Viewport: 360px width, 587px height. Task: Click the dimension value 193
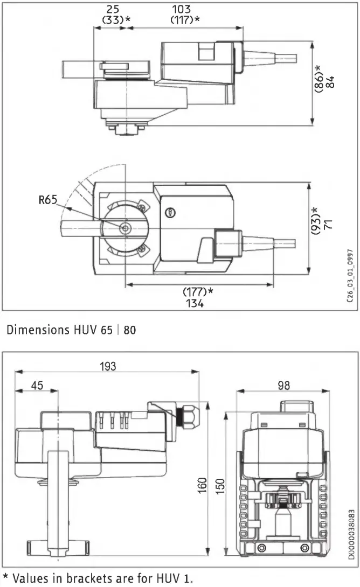[108, 366]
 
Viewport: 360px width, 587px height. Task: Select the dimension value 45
[36, 386]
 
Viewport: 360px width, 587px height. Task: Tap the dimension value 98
[283, 385]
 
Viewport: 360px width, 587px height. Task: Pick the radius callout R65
[49, 201]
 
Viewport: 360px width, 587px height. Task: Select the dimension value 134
[195, 303]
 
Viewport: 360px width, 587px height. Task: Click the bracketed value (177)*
[198, 291]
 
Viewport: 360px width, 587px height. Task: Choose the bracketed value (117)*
[185, 20]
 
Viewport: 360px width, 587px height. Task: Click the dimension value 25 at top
[112, 9]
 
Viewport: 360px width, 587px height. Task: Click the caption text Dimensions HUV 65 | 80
[71, 330]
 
